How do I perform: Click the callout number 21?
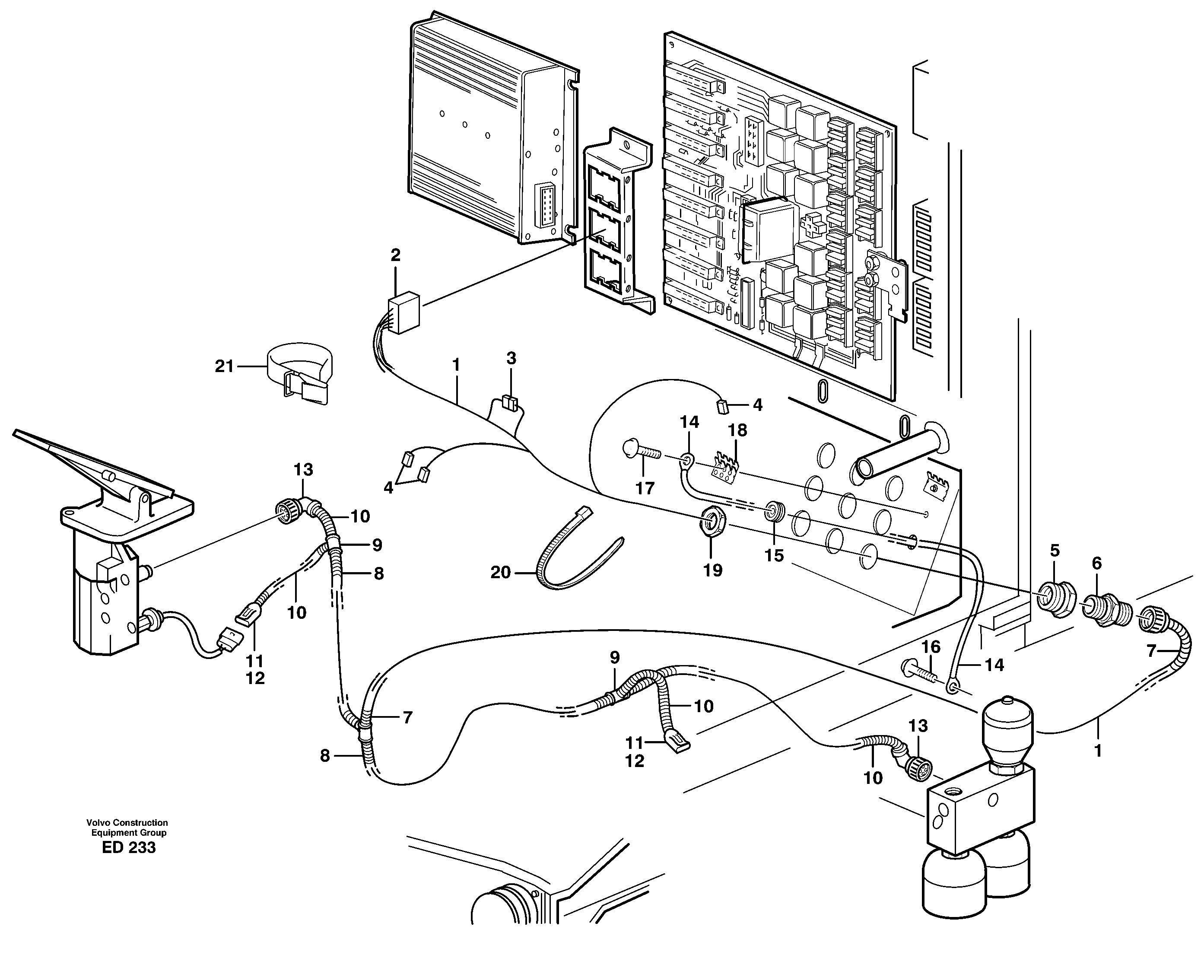[224, 367]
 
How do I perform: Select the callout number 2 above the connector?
[395, 256]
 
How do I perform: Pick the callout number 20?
[501, 572]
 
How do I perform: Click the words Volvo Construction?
[127, 823]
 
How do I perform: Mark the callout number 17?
[645, 488]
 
